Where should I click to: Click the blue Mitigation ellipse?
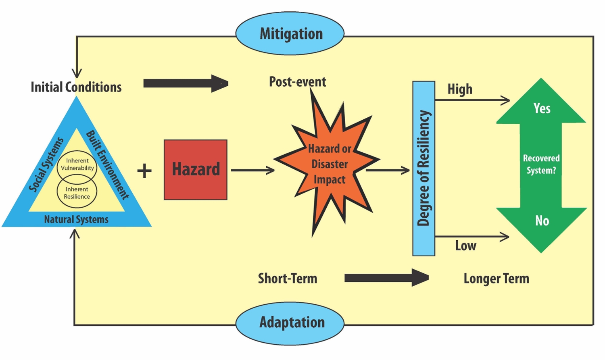tap(290, 33)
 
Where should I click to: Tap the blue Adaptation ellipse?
tap(290, 323)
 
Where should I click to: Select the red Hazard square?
tap(196, 169)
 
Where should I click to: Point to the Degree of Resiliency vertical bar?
tap(423, 168)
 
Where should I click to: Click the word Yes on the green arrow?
tap(542, 108)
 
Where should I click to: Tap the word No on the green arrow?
tap(542, 221)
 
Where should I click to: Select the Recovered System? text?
tap(541, 164)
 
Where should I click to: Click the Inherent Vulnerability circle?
tap(77, 164)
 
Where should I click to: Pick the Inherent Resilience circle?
tap(77, 193)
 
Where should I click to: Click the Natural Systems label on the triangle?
tap(76, 219)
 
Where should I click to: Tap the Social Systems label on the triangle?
tap(46, 164)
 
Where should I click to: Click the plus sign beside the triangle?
tap(144, 171)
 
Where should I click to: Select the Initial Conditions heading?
tap(76, 87)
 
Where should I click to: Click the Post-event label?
tap(298, 82)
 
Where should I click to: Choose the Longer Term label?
tap(496, 279)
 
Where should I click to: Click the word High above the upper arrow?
tap(460, 89)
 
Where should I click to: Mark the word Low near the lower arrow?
tap(466, 246)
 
